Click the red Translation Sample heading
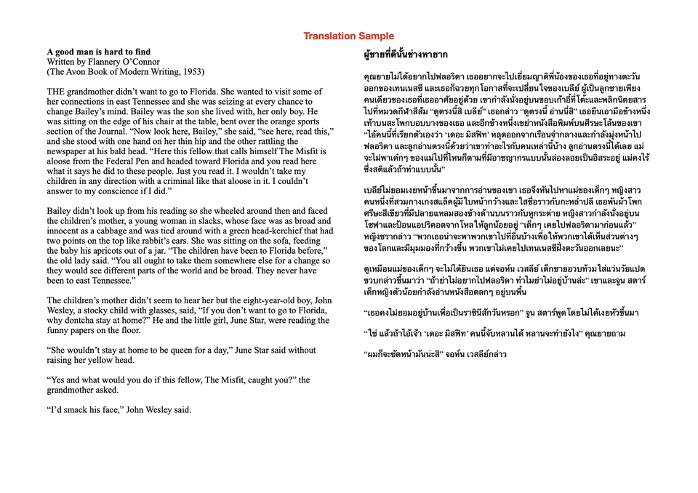[x=348, y=36]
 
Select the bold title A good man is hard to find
[x=99, y=52]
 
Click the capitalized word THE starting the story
[x=57, y=92]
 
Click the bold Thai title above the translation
[x=406, y=54]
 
